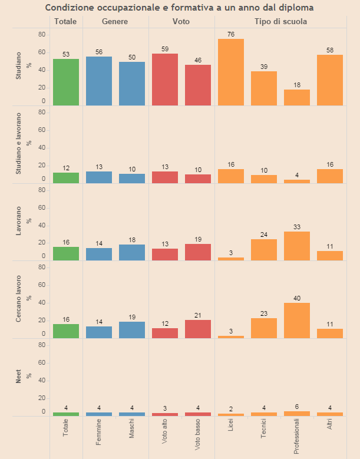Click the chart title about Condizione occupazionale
[x=180, y=8]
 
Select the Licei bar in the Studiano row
[x=231, y=72]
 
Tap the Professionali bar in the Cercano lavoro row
[x=297, y=321]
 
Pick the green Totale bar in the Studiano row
[x=66, y=82]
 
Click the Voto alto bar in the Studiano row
[x=165, y=80]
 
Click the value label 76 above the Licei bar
[x=231, y=34]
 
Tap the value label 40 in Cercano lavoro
[x=297, y=298]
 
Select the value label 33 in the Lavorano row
[x=297, y=227]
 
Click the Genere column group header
[x=115, y=21]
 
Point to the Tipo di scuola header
[x=280, y=21]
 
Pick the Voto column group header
[x=181, y=21]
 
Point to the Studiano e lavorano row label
[x=18, y=145]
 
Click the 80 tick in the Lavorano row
[x=41, y=190]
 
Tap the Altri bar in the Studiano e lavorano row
[x=330, y=176]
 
